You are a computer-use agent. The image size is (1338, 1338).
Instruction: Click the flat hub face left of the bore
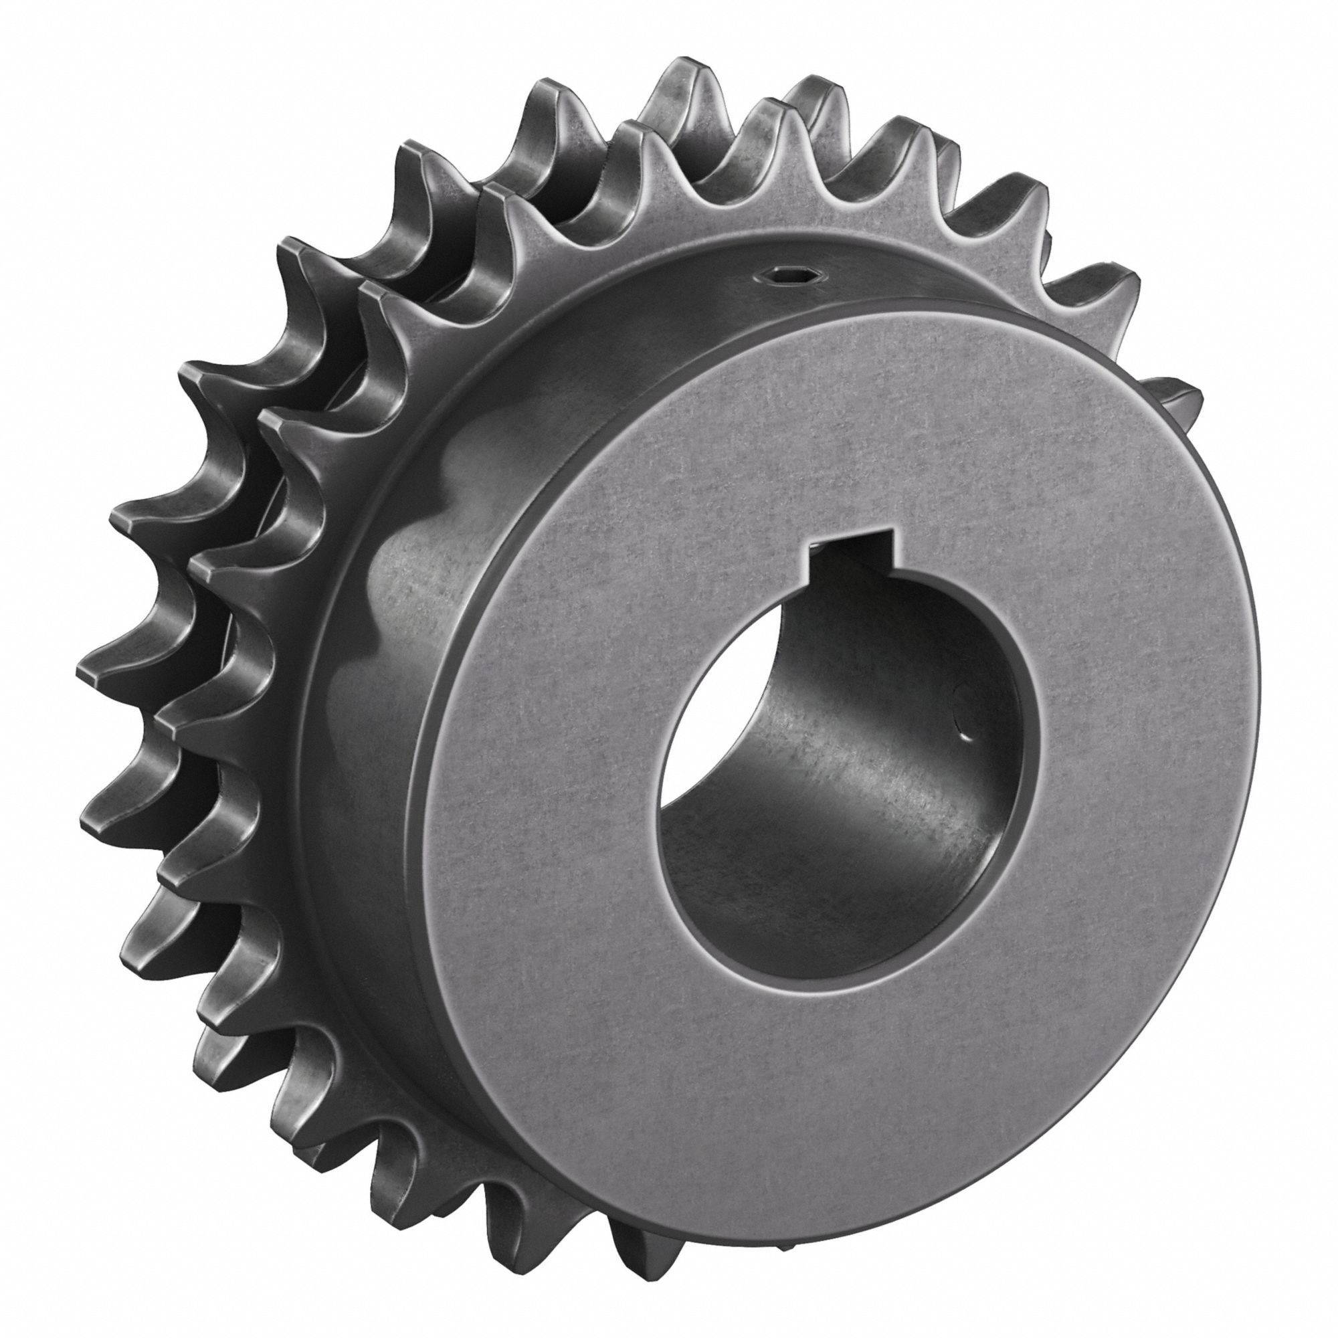[540, 796]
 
